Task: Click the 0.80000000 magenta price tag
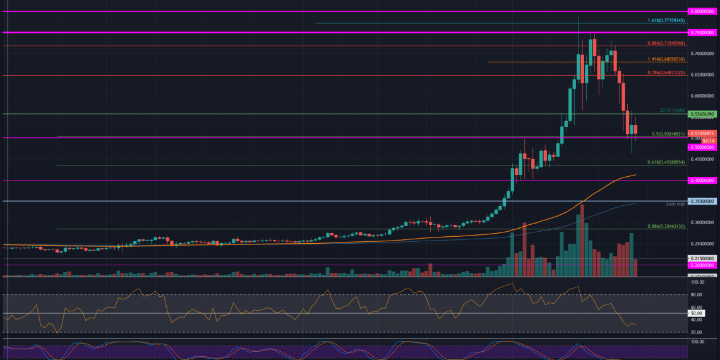tap(702, 11)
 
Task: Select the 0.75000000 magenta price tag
tap(702, 32)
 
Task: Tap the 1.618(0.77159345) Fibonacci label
tap(666, 20)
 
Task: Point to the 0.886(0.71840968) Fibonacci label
tap(666, 43)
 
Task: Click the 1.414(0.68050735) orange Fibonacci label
tap(666, 59)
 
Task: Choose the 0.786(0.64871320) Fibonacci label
tap(666, 73)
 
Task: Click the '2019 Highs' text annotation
tap(672, 110)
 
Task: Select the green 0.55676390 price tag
tap(702, 114)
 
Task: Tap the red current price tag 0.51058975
tap(702, 133)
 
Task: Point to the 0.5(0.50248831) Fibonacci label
tap(667, 134)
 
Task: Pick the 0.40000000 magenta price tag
tap(702, 180)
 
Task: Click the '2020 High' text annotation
tap(675, 205)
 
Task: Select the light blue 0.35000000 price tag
tap(702, 201)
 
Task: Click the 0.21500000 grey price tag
tap(702, 258)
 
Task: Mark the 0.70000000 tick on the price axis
tap(702, 54)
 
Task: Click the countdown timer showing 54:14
tap(698, 140)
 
